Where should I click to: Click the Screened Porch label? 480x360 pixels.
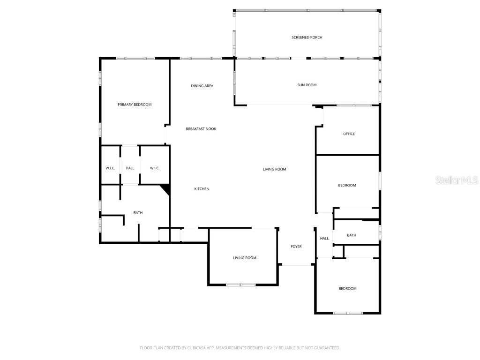[x=307, y=37]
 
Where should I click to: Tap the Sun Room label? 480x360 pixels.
[x=307, y=85]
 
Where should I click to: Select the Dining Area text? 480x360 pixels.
[x=202, y=86]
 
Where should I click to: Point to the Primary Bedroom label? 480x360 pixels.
[x=135, y=105]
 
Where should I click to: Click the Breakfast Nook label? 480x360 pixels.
[x=201, y=129]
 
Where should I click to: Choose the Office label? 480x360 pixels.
[x=349, y=134]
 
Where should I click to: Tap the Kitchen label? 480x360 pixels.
[x=202, y=189]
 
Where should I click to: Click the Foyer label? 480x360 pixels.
[x=296, y=247]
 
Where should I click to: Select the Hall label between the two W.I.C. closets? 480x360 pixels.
[x=130, y=168]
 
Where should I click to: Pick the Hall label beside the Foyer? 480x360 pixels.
[x=324, y=239]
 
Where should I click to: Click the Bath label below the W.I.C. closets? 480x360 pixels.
[x=138, y=213]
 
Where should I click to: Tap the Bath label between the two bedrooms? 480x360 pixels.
[x=352, y=235]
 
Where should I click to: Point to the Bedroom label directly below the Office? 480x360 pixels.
[x=347, y=186]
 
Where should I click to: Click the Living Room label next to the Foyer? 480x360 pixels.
[x=245, y=258]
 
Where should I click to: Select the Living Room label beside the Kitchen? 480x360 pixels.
[x=274, y=169]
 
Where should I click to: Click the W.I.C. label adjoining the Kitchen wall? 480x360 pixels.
[x=155, y=168]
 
